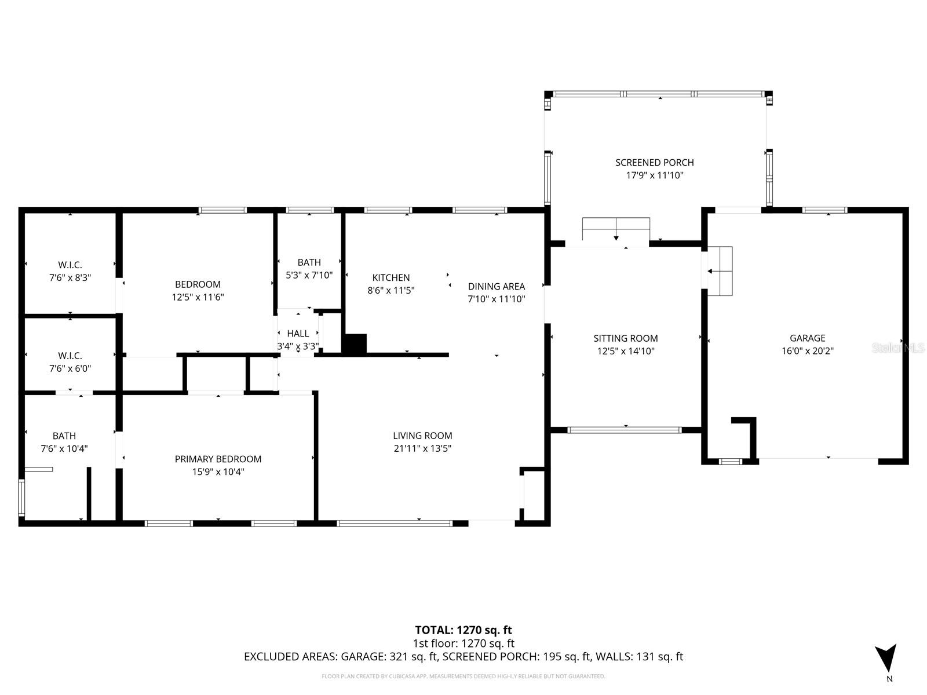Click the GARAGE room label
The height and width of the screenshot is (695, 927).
tap(807, 338)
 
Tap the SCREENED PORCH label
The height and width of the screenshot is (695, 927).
tap(654, 163)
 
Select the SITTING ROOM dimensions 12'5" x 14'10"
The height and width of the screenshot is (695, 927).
tap(626, 351)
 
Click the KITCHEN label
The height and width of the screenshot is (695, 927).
tap(390, 278)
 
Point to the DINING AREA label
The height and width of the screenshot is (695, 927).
tap(496, 286)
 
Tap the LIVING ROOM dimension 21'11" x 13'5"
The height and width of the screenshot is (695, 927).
tap(422, 448)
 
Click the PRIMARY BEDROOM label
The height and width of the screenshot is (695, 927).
tap(218, 459)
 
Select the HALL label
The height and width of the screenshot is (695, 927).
tap(298, 334)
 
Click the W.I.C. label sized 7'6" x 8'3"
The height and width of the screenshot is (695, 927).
tap(70, 265)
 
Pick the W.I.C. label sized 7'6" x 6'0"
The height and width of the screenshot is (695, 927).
tap(70, 356)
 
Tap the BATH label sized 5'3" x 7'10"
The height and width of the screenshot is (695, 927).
tap(309, 262)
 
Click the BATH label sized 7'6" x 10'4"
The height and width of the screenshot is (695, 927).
tap(64, 436)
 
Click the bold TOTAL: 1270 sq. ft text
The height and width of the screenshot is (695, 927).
tap(463, 630)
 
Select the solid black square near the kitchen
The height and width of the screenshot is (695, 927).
tap(355, 344)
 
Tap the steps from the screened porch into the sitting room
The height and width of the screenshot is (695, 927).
tap(616, 229)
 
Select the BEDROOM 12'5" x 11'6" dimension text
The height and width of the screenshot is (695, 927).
tap(198, 297)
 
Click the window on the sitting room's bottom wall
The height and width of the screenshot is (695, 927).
tap(625, 430)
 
